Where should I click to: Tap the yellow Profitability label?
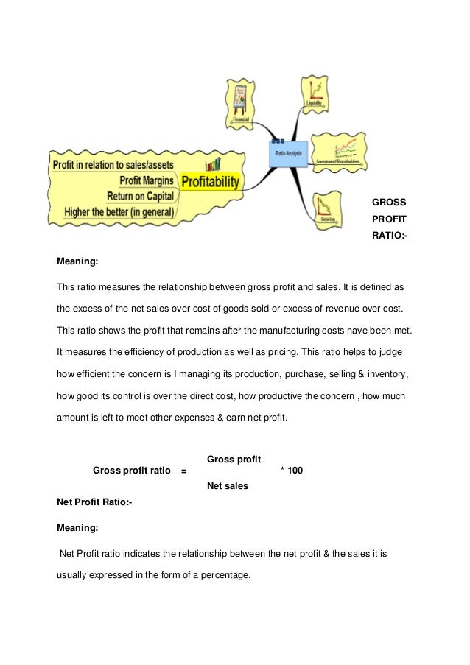(x=210, y=181)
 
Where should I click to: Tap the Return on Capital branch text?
(x=140, y=196)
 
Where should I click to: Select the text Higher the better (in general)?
(x=119, y=212)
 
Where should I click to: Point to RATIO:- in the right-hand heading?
(x=390, y=236)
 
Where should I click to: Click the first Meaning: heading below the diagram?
(x=77, y=261)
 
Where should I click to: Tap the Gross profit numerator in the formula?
(x=234, y=459)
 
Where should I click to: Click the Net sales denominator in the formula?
(x=227, y=485)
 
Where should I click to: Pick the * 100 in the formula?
(x=292, y=470)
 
